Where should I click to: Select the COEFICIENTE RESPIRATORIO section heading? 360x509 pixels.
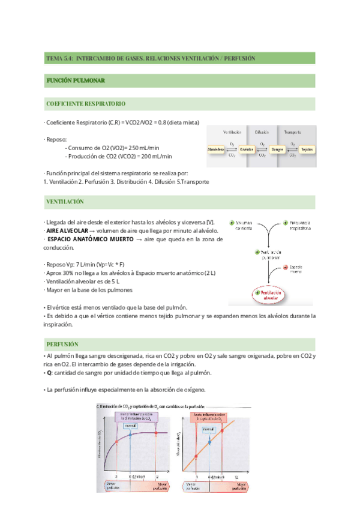click(86, 104)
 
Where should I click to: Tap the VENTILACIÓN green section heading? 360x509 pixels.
click(65, 202)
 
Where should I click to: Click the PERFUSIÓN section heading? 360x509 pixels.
click(62, 345)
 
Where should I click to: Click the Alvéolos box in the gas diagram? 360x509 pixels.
click(247, 148)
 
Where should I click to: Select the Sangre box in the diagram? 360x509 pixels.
click(277, 148)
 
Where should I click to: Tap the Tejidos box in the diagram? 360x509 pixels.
click(307, 148)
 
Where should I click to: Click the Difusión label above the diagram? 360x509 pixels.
click(261, 131)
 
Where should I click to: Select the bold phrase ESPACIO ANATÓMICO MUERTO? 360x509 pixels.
click(89, 239)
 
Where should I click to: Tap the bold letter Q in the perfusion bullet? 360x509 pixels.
click(49, 372)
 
